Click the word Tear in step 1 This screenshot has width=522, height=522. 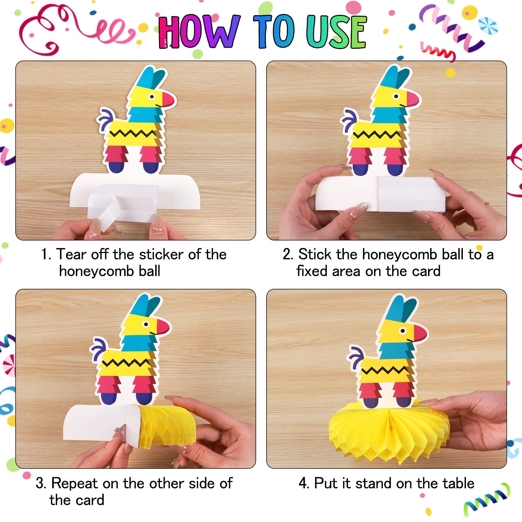[71, 254]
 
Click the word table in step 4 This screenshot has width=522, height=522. [458, 483]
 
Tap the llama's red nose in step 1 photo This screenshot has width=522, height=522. [168, 100]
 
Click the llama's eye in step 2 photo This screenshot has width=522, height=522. [396, 96]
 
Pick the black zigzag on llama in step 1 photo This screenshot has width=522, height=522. [133, 133]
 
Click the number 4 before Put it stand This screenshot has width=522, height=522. [303, 483]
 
